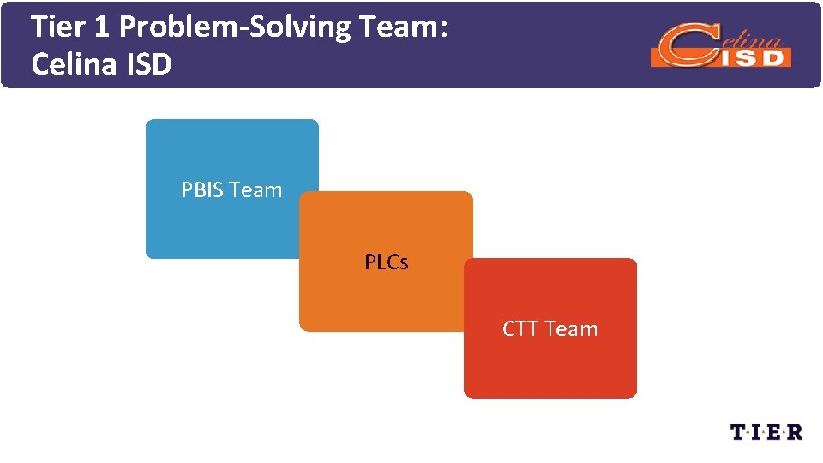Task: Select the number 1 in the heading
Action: coord(101,27)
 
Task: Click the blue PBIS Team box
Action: coord(223,154)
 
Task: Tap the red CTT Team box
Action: coord(550,360)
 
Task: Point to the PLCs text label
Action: coord(387,262)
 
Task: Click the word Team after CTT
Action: coord(571,329)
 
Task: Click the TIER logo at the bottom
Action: coord(766,431)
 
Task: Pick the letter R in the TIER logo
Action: coord(795,431)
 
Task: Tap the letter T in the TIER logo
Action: coord(737,431)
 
